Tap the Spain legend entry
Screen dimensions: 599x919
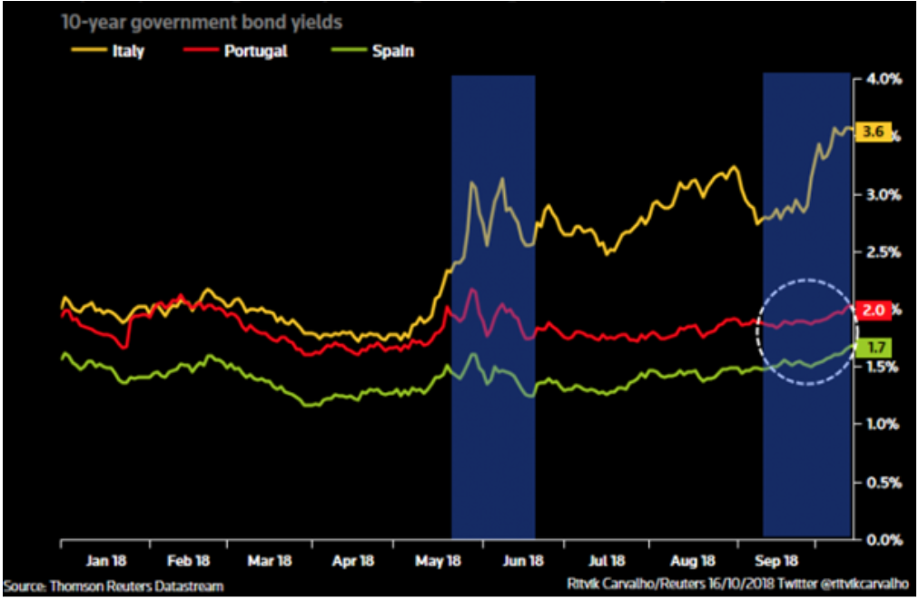click(394, 51)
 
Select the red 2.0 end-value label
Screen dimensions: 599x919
click(874, 310)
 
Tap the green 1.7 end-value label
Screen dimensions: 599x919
click(875, 347)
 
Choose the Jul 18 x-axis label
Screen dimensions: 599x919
click(605, 561)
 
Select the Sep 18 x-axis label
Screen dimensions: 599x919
click(778, 561)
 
